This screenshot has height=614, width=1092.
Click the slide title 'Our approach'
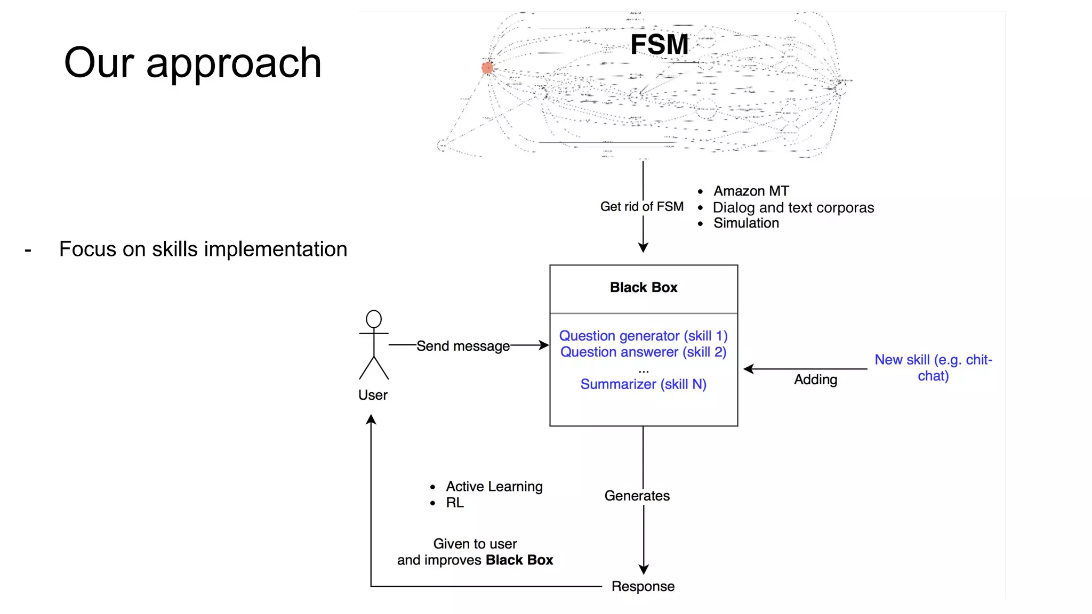pos(192,62)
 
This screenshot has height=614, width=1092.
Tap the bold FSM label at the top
pos(659,44)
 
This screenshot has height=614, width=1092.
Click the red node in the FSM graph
pos(487,68)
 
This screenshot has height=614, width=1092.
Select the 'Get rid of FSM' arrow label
pos(641,207)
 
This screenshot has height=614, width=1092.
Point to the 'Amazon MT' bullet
pos(751,191)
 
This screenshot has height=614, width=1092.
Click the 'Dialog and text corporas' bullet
pos(793,207)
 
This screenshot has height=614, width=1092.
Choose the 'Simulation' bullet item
pos(746,223)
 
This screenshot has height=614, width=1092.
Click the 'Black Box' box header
pos(644,288)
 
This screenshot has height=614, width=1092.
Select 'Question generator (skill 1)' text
pos(643,336)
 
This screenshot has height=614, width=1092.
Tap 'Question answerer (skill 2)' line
pos(643,352)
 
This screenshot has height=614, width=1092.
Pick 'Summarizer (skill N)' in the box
pos(643,384)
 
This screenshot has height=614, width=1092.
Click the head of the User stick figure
pos(374,319)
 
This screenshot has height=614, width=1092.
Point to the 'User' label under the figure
pos(373,395)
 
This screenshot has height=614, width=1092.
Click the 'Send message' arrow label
pos(463,346)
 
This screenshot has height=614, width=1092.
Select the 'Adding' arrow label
pos(815,379)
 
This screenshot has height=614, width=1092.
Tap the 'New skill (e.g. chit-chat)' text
pos(933,368)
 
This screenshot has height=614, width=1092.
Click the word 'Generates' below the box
pos(637,496)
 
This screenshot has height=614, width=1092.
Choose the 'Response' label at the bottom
pos(643,586)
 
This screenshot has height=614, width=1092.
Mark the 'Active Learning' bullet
pos(494,487)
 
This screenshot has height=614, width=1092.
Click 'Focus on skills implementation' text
pos(203,249)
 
